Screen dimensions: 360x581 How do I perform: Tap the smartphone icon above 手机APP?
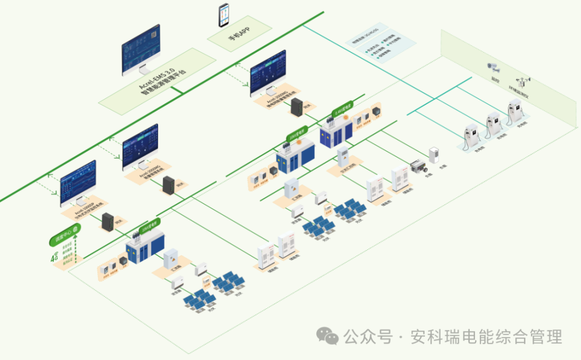[x=223, y=15]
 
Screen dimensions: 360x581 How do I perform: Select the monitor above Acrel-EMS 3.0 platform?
[x=141, y=50]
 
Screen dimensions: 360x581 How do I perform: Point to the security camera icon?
[x=493, y=67]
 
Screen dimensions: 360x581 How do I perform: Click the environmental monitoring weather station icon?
[x=524, y=80]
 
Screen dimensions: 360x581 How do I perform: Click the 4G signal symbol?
[x=55, y=257]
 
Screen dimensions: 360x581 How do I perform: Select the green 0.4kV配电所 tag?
[x=343, y=109]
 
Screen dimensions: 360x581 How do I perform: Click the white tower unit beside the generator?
[x=434, y=156]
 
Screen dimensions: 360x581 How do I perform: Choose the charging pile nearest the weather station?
[x=516, y=115]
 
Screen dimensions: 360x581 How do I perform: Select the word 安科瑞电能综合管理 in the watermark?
[x=486, y=337]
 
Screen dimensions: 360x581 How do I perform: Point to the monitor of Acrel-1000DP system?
[x=78, y=183]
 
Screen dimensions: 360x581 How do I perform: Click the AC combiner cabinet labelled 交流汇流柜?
[x=343, y=157]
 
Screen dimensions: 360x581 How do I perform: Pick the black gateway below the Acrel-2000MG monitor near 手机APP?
[x=296, y=107]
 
